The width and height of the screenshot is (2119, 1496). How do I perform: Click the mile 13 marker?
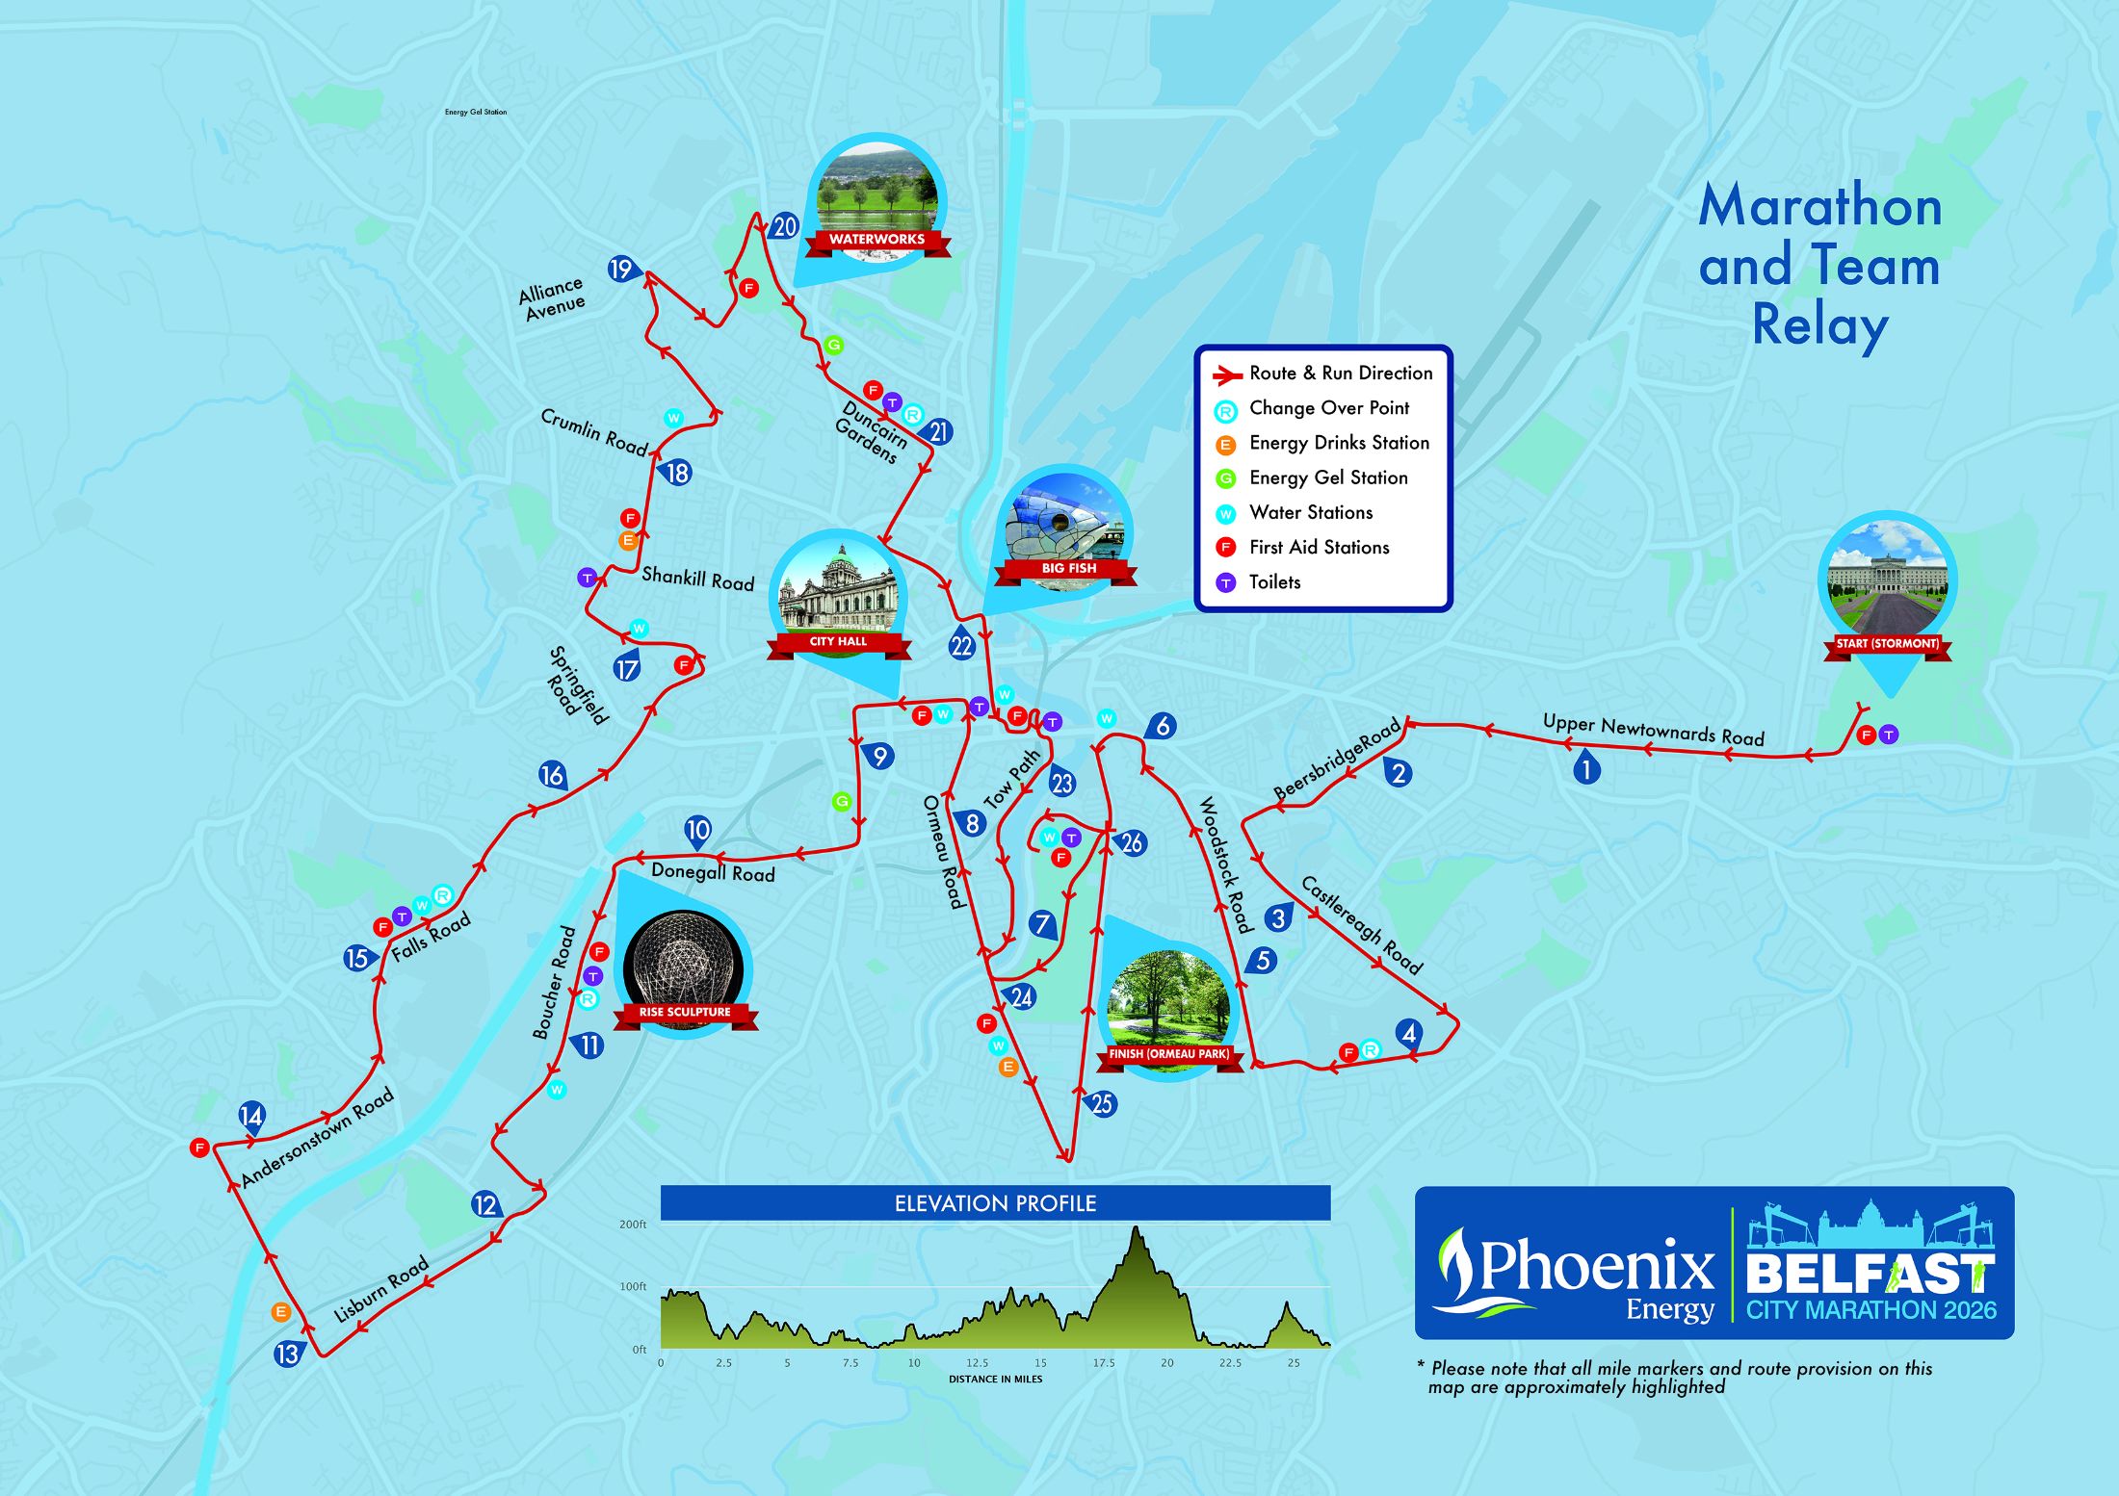[287, 1354]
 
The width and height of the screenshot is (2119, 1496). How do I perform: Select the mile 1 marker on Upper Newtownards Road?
[1585, 768]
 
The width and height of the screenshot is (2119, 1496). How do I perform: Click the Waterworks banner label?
[876, 240]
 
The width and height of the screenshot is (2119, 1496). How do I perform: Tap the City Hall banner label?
[838, 642]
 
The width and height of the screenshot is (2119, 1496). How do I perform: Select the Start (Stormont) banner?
[1887, 644]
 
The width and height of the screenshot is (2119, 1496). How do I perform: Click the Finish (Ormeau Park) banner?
[1168, 1054]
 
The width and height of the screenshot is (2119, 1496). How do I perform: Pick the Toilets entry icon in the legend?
[1225, 582]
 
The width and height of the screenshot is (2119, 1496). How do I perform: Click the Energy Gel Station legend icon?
[1225, 478]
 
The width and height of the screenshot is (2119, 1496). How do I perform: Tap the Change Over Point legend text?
[1328, 408]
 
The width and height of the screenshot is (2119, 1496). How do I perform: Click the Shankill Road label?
[697, 579]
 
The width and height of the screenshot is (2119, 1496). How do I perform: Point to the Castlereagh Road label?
[1361, 925]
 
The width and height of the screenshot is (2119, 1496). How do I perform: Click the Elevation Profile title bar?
[995, 1203]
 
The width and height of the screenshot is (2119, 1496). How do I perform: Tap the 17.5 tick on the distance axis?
[1103, 1363]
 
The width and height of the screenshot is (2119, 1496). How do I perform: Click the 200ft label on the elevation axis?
[633, 1225]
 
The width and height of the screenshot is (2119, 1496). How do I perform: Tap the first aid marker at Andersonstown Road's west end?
[199, 1148]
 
